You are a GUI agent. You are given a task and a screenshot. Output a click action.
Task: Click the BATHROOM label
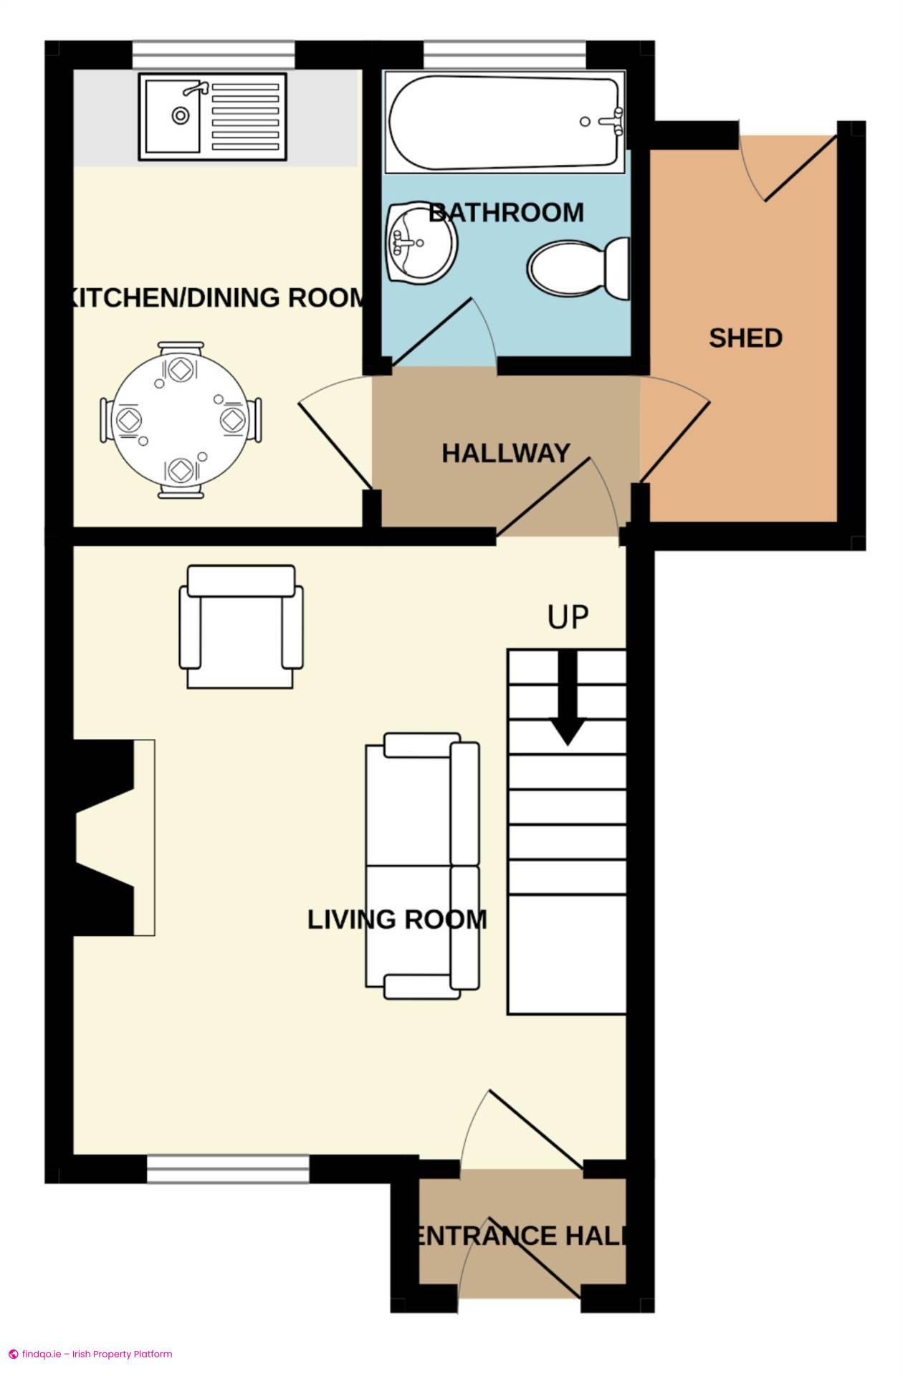506,213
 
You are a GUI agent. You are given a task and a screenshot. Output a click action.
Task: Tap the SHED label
745,338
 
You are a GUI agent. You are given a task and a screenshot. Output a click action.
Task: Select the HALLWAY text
506,453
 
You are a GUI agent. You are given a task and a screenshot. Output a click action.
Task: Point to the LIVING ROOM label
397,919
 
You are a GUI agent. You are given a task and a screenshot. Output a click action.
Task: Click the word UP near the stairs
568,617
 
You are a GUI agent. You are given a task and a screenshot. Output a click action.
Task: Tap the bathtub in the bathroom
505,122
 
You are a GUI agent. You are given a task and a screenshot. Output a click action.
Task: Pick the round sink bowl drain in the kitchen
181,114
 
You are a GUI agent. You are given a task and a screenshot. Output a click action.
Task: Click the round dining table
181,420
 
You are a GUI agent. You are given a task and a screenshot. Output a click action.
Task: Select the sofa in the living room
423,866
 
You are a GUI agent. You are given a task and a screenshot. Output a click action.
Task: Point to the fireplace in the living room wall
115,838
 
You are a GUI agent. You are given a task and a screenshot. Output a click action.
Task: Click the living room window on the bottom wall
228,1169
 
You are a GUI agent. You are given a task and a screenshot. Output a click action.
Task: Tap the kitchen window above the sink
214,55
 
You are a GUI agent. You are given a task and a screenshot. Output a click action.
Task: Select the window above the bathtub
505,55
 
